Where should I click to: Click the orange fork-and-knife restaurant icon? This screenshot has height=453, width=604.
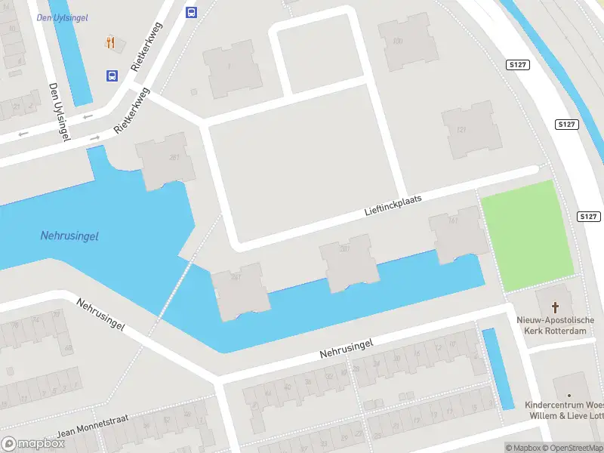112,42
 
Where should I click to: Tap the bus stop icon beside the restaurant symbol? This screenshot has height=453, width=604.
112,75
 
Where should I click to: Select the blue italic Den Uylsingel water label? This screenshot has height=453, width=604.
61,17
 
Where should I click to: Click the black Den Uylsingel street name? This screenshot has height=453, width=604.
58,110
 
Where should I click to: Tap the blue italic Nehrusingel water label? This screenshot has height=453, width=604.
69,236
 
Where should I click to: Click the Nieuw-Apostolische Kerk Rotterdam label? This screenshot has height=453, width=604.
556,325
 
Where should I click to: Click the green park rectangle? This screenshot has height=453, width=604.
528,235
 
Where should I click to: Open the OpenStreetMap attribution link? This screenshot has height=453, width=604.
572,448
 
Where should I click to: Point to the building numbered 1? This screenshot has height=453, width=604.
227,68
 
